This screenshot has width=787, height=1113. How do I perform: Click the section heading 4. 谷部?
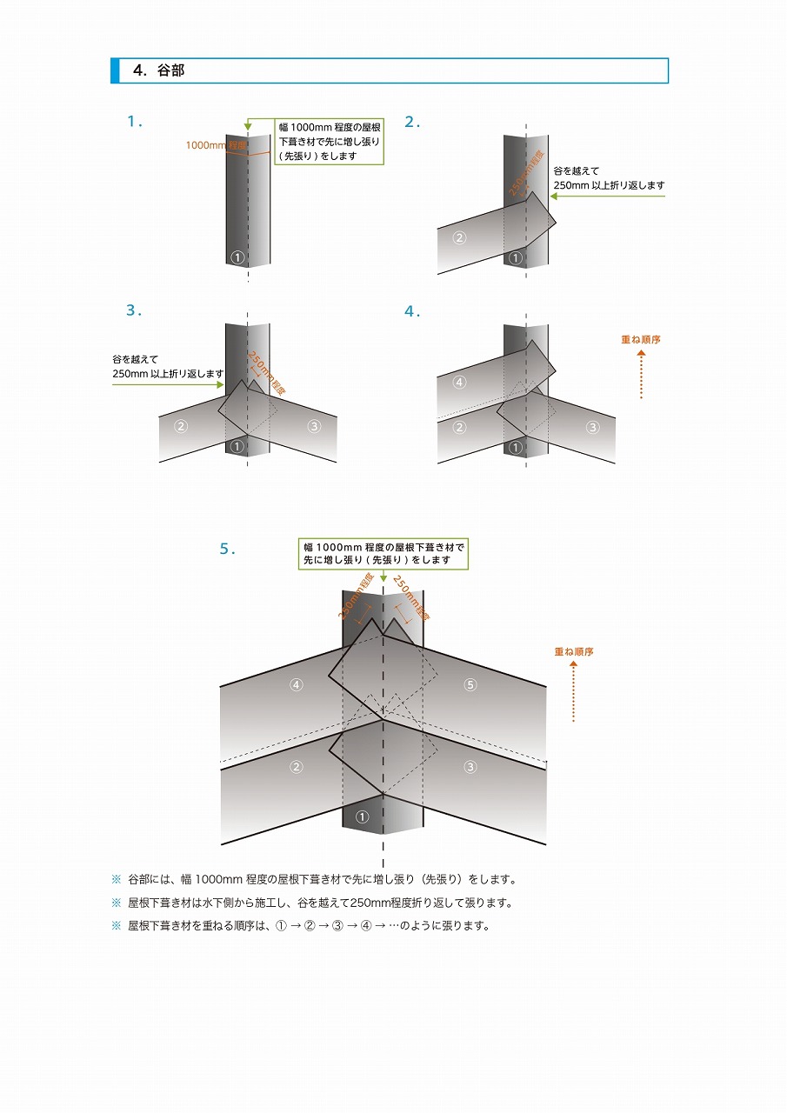(x=159, y=71)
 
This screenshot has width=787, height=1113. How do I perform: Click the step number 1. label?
(x=135, y=122)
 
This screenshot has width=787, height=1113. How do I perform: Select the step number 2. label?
(x=412, y=122)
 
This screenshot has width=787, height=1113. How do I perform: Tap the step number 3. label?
(x=134, y=310)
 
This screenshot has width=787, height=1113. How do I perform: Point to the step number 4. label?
(x=412, y=310)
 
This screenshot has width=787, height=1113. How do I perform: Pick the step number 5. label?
(x=228, y=549)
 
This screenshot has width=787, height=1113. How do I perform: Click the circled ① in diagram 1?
(x=238, y=257)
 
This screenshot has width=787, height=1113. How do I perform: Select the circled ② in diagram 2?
(x=459, y=237)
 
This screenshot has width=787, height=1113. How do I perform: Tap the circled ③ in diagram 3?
(x=315, y=426)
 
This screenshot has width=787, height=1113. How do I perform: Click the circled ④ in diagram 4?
(x=459, y=382)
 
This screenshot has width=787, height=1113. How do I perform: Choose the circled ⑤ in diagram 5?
(x=470, y=685)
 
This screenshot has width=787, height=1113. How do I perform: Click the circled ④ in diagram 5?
(x=297, y=685)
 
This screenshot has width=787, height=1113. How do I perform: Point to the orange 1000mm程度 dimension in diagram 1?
(x=215, y=145)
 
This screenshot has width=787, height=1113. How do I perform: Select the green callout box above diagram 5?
(x=383, y=553)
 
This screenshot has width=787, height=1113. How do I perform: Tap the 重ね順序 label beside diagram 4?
(x=641, y=340)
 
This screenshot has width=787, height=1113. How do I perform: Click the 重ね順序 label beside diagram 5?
(x=574, y=651)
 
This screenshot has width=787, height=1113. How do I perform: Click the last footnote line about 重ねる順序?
(x=309, y=926)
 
